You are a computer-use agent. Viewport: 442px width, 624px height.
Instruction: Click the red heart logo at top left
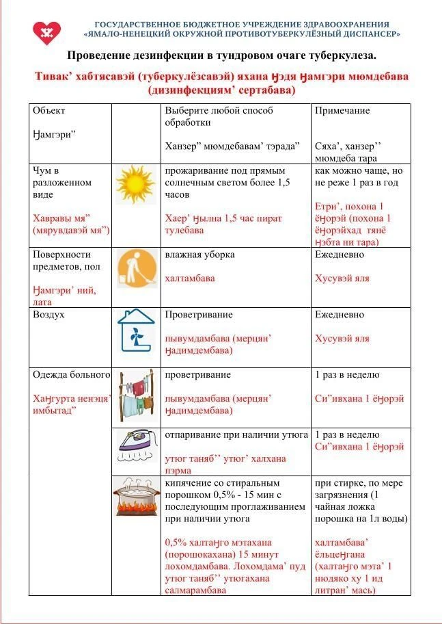[x=47, y=31]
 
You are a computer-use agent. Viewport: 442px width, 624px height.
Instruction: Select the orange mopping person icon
[x=135, y=268]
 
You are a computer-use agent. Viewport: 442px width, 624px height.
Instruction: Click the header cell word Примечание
[x=342, y=111]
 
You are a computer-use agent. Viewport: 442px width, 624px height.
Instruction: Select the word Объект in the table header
[x=49, y=111]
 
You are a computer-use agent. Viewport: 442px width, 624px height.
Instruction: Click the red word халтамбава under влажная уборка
[x=190, y=278]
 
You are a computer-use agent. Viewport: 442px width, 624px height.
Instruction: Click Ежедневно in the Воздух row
[x=340, y=315]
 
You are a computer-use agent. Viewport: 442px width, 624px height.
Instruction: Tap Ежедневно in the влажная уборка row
[x=340, y=255]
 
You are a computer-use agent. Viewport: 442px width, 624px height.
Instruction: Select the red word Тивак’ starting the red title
[x=53, y=77]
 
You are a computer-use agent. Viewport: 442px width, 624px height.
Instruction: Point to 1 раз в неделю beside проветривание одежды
[x=347, y=375]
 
